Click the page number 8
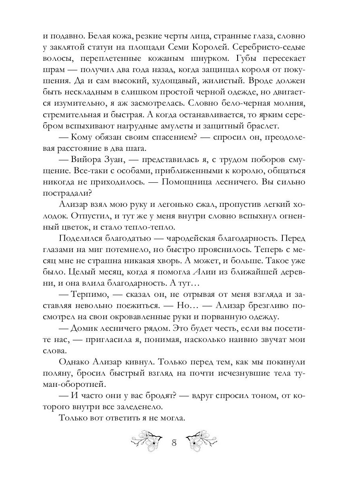174,443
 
